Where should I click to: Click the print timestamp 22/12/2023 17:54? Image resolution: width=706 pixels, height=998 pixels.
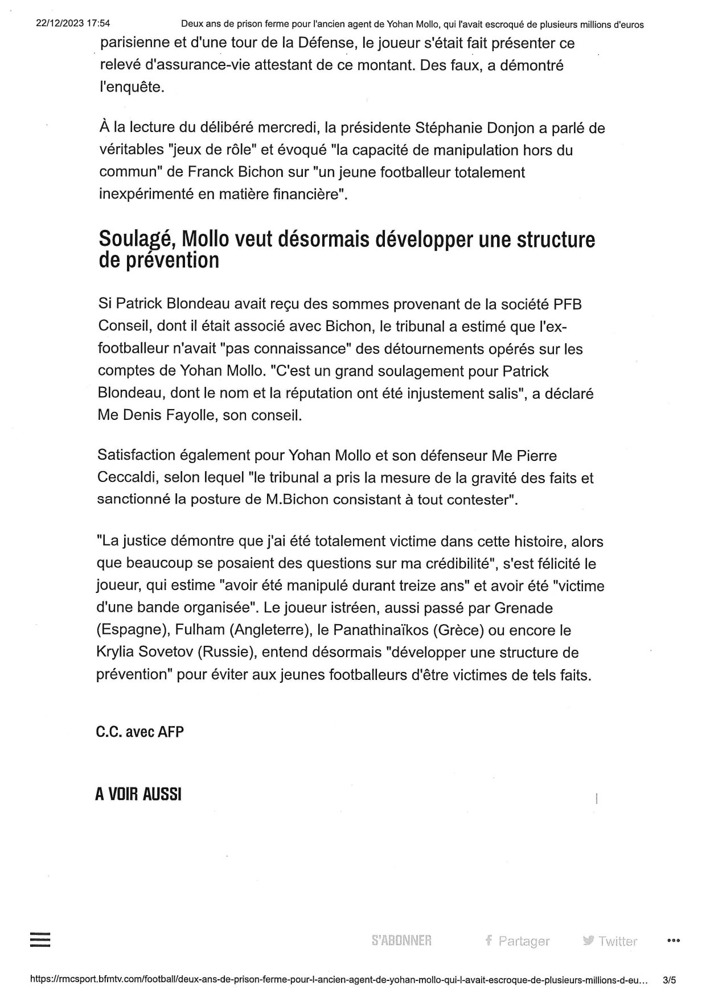(x=73, y=24)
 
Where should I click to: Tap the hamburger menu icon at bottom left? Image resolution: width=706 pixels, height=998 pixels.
(x=40, y=939)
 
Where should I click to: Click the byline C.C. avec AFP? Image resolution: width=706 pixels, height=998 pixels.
(x=139, y=732)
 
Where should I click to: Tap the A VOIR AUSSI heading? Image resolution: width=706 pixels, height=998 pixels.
(x=138, y=794)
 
